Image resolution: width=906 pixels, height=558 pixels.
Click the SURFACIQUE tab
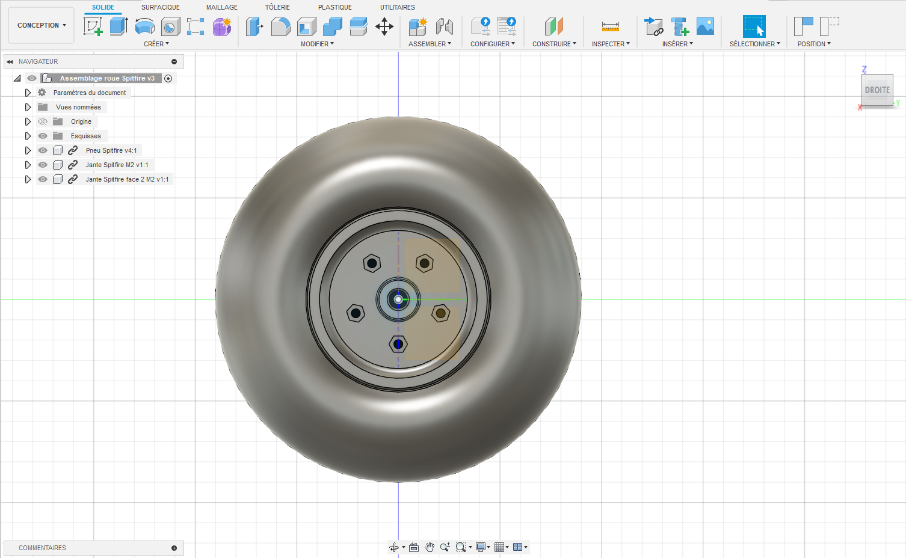click(160, 7)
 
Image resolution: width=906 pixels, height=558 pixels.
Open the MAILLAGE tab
click(221, 7)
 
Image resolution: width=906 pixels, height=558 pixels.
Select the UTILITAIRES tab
click(397, 7)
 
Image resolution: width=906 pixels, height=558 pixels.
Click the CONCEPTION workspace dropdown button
click(42, 25)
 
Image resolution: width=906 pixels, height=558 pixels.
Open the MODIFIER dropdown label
click(317, 44)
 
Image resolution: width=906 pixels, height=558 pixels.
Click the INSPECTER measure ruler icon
click(611, 26)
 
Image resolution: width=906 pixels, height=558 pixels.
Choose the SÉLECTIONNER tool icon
click(754, 26)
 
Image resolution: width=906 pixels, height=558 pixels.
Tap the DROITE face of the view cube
click(877, 90)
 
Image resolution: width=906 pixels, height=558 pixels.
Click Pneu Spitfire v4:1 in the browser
click(111, 150)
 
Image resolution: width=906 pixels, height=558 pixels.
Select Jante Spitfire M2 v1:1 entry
click(117, 165)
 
